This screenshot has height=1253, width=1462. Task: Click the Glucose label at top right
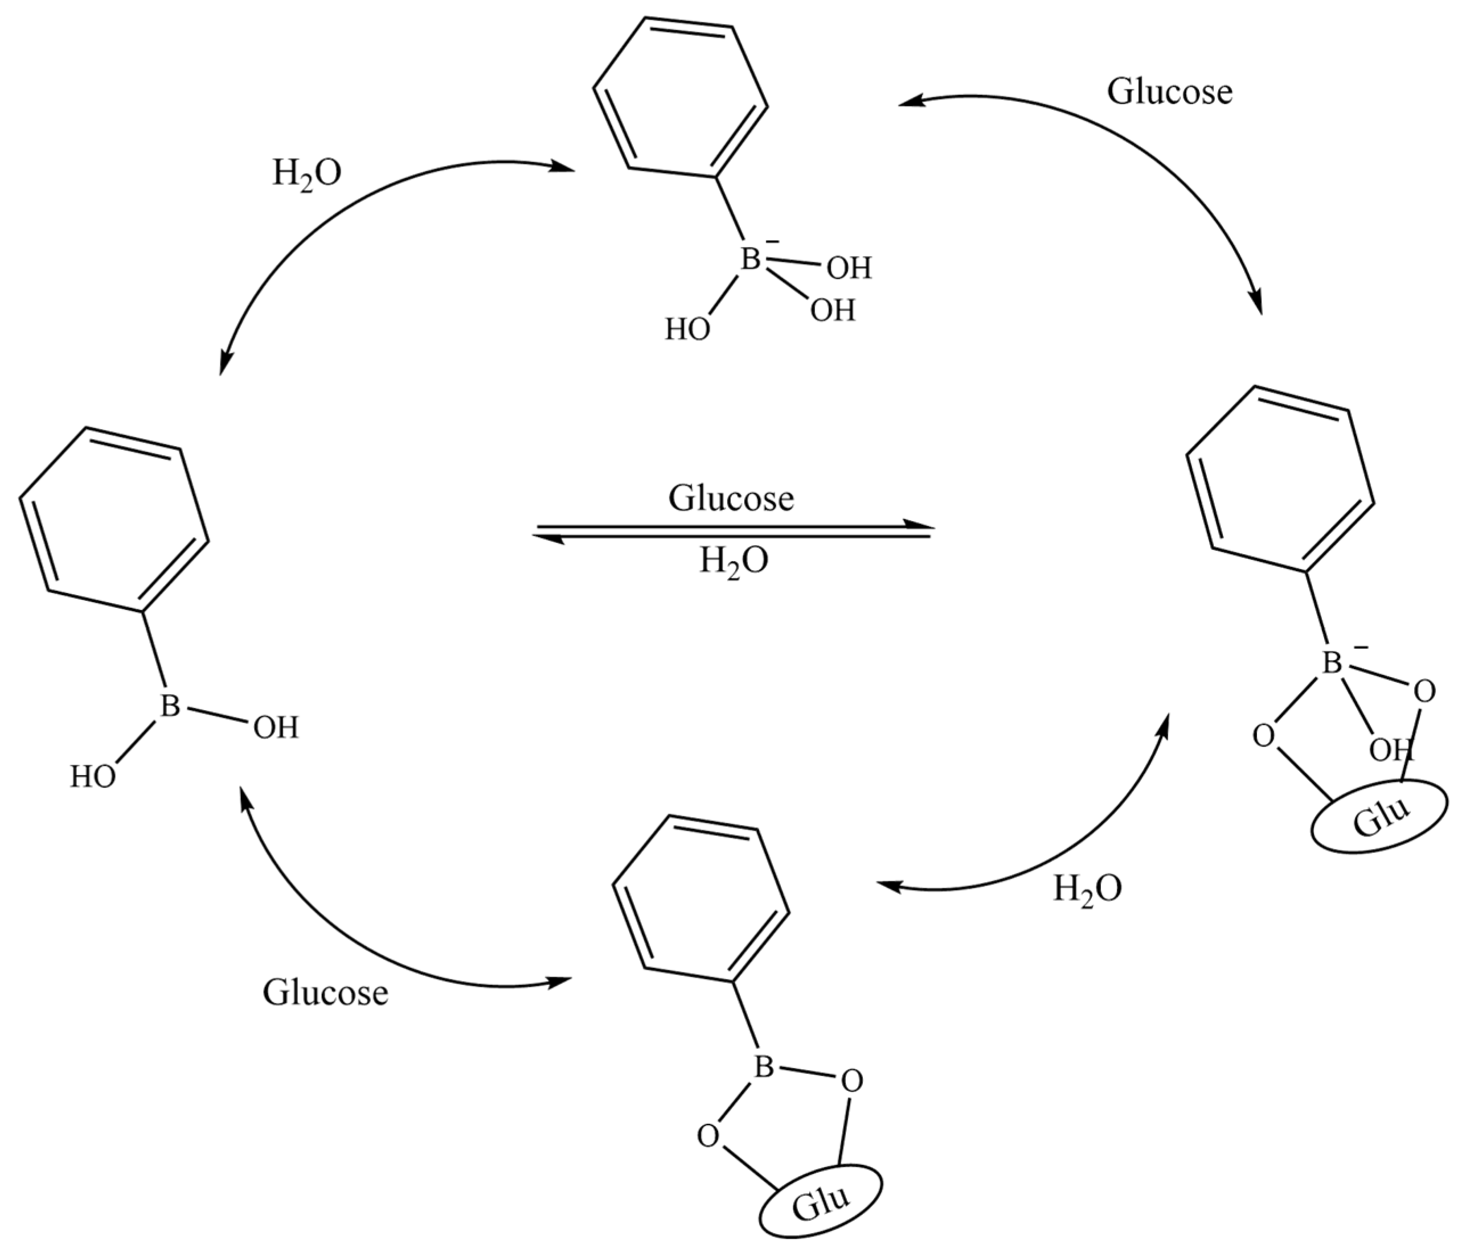[1169, 92]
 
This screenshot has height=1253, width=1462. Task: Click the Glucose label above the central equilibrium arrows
[731, 498]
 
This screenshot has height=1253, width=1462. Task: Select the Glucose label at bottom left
[325, 993]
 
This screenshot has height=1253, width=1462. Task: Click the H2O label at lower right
[1087, 889]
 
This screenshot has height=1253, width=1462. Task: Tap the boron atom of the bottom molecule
[764, 1067]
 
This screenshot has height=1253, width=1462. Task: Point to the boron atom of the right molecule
[1332, 663]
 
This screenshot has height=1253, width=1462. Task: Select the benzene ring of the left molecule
[113, 521]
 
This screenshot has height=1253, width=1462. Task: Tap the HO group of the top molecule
[687, 329]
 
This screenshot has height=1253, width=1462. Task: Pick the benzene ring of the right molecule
[1279, 480]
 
